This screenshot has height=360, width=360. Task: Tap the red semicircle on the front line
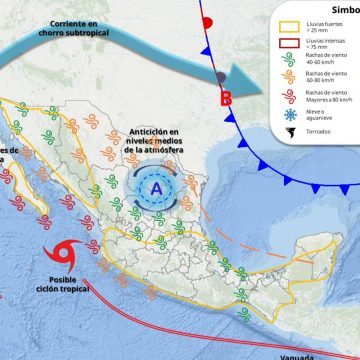(x=207, y=21)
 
